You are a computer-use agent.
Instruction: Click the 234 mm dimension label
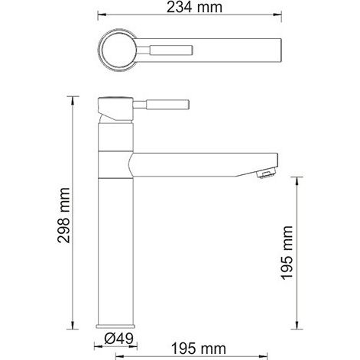pos(194,7)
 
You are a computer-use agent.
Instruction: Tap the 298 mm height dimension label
pos(63,216)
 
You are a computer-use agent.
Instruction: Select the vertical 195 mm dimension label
pos(287,253)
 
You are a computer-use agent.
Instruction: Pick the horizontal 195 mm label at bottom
pos(199,349)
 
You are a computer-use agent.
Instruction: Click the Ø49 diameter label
pos(118,339)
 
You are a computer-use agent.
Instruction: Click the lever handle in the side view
pos(161,105)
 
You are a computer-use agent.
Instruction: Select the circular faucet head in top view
pos(117,50)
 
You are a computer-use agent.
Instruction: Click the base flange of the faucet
pos(115,326)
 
